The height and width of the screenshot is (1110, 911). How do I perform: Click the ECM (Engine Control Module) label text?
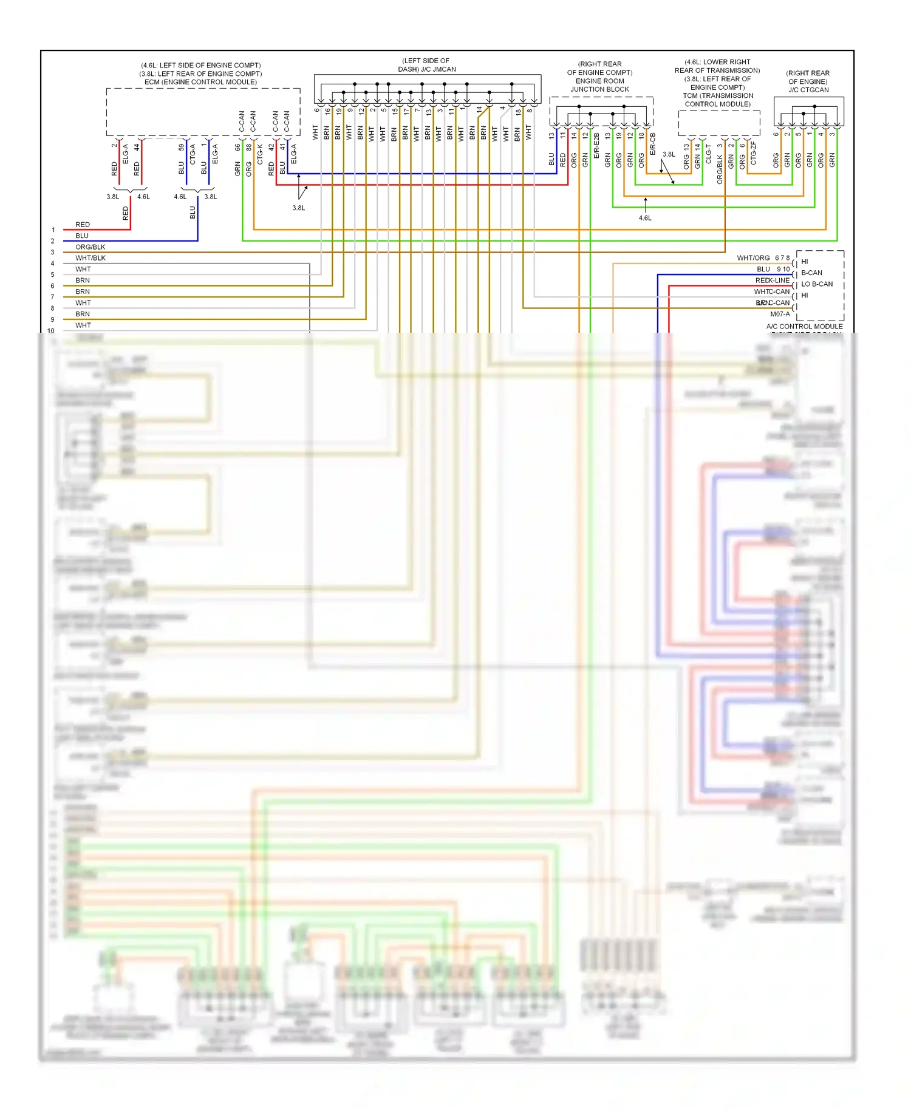200,82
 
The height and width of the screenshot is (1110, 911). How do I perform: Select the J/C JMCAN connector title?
427,69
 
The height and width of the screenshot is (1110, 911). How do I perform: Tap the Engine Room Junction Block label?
599,85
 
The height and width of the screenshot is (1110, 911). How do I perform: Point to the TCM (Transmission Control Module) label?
717,100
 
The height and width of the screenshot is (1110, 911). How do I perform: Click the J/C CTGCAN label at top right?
808,90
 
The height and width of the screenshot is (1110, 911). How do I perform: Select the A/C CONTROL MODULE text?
804,326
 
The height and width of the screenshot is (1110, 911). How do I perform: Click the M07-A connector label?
780,314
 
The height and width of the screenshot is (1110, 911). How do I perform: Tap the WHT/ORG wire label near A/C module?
753,258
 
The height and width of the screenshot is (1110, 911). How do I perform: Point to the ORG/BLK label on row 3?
90,247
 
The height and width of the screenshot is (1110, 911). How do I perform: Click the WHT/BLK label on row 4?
90,258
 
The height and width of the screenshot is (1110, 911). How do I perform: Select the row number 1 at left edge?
53,230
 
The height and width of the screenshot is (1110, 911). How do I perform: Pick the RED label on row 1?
83,225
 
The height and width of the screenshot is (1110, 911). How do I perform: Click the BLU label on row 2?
82,236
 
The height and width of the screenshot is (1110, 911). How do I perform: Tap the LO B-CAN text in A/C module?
817,284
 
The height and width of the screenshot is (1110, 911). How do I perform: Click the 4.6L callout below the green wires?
645,218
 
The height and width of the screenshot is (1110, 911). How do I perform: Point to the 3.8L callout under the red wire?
298,208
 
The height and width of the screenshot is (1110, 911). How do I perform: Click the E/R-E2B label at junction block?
596,146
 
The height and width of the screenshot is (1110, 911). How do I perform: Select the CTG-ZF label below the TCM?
754,153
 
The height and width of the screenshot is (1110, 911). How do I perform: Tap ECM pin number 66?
237,147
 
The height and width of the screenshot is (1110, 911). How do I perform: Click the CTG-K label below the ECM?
260,154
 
